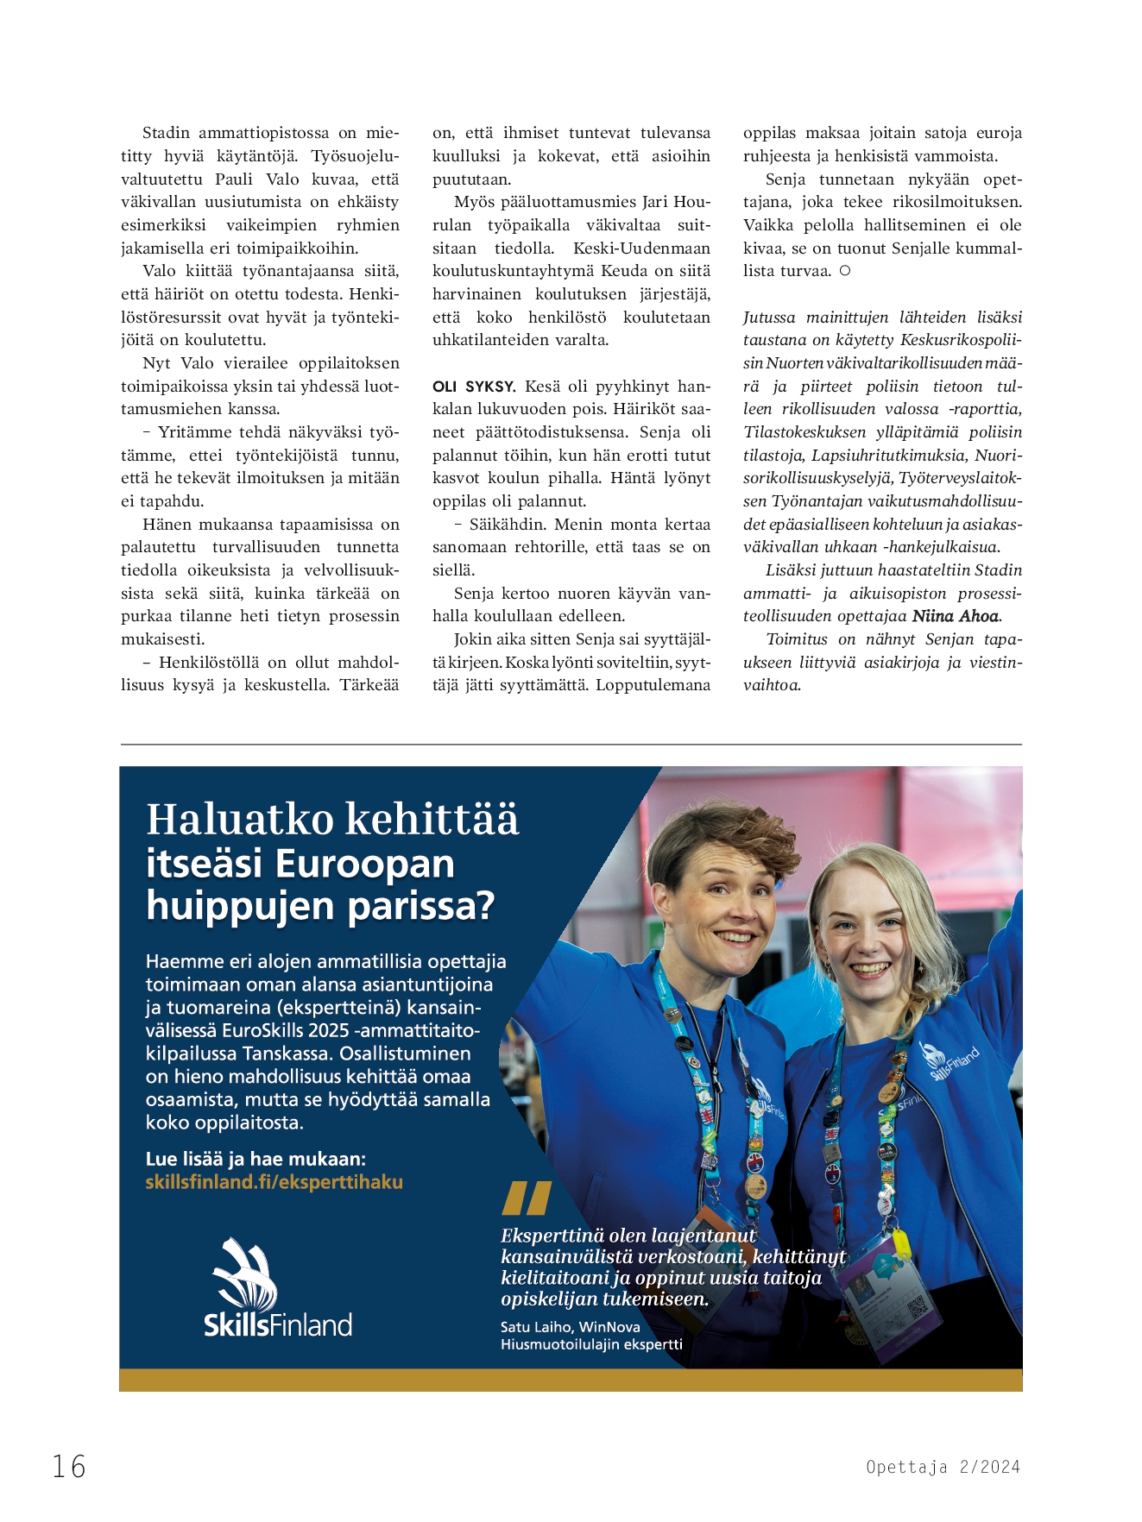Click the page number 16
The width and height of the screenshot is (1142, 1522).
click(x=69, y=1466)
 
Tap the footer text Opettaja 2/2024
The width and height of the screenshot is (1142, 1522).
click(x=943, y=1467)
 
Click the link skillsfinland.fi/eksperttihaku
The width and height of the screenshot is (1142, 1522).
click(x=274, y=1182)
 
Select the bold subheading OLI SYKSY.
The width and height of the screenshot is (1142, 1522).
click(x=474, y=387)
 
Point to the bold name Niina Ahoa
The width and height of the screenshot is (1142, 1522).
click(x=956, y=616)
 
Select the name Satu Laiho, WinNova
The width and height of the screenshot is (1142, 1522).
click(x=570, y=1327)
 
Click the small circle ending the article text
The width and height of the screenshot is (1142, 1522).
click(x=845, y=271)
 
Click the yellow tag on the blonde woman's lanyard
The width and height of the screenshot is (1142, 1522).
click(x=900, y=1243)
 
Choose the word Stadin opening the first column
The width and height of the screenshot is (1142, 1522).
click(x=166, y=133)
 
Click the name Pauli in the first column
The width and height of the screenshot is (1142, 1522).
click(x=234, y=179)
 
